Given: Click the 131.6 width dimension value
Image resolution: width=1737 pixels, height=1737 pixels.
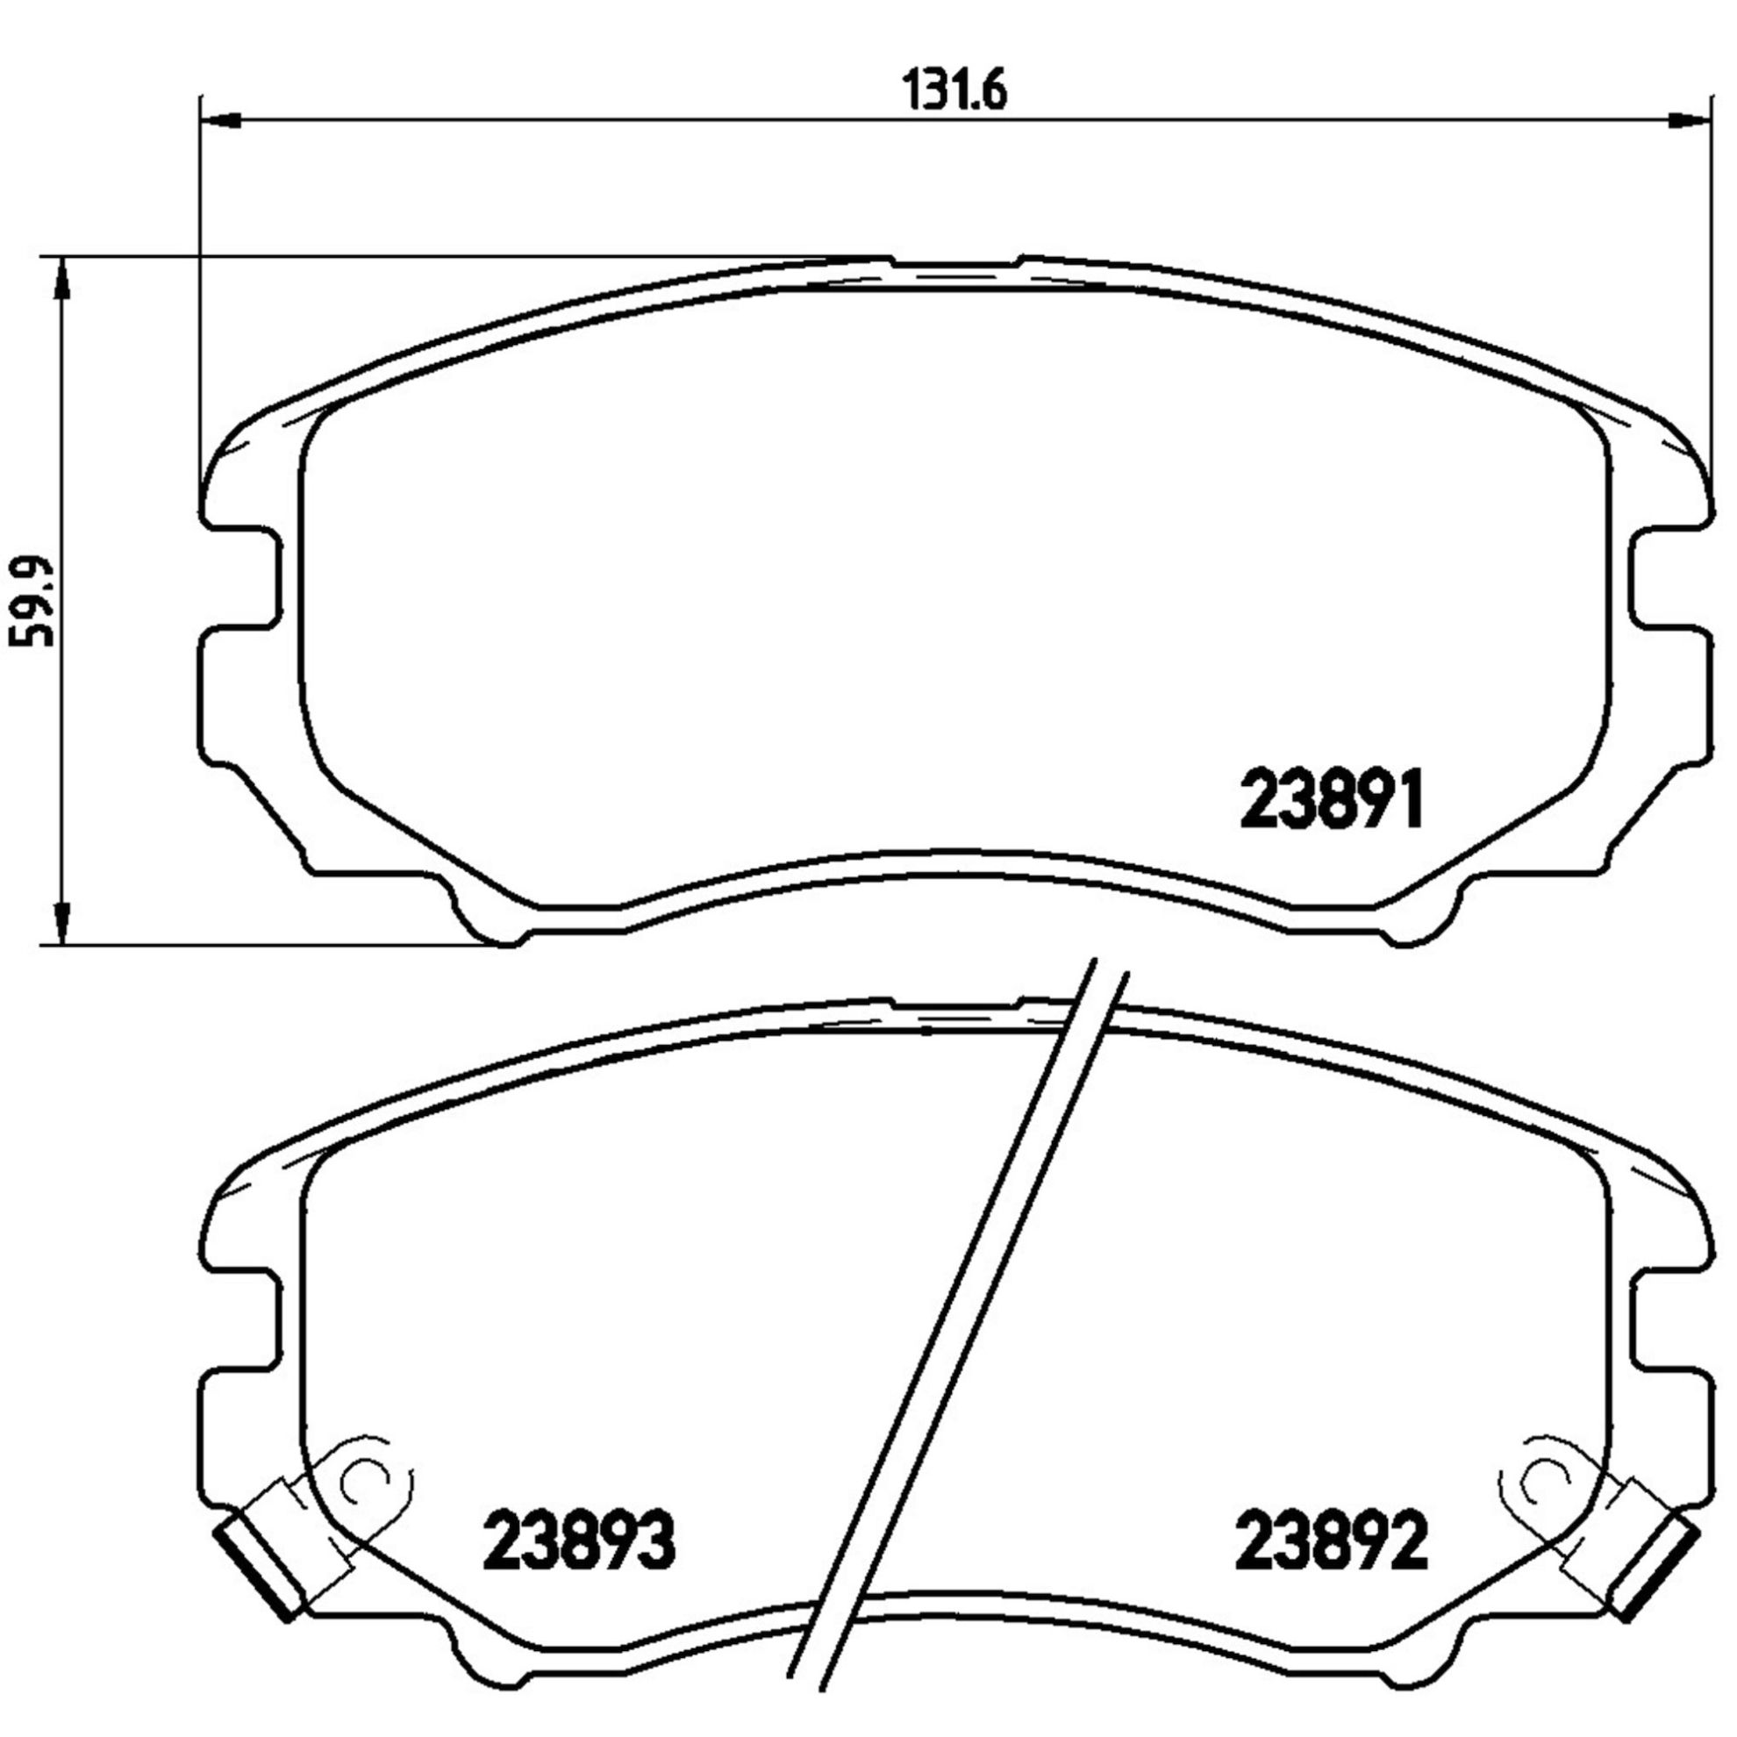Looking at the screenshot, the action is pos(954,91).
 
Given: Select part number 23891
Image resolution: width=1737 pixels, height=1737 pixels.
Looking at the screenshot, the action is pos(1333,799).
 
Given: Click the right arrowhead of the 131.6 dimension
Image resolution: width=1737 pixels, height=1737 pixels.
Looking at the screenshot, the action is pos(1688,119).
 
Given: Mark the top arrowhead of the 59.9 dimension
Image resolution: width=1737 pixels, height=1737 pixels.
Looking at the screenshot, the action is pos(61,278).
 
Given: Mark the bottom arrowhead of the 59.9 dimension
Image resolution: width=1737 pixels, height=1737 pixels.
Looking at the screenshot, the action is pos(61,922).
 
